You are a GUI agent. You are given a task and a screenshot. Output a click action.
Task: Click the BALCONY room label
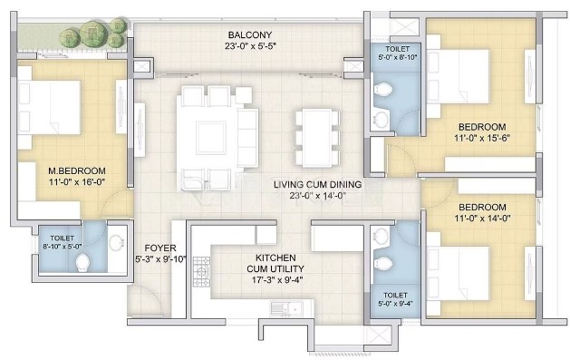click(250, 34)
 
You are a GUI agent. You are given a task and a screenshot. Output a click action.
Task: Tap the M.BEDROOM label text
click(77, 170)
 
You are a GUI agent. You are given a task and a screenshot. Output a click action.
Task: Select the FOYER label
click(160, 248)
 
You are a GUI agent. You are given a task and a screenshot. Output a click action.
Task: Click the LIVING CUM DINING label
click(317, 184)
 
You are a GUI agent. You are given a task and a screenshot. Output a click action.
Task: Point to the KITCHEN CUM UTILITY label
click(275, 263)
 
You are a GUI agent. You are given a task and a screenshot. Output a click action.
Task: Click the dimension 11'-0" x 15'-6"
click(482, 138)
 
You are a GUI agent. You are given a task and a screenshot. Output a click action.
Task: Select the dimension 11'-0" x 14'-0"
click(482, 219)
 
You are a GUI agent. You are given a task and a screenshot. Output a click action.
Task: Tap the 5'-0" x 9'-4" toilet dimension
click(395, 304)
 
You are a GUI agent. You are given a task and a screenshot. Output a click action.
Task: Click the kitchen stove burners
click(201, 272)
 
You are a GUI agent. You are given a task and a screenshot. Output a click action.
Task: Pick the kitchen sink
click(286, 308)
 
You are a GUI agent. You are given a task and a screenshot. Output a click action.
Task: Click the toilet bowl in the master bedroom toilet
click(82, 263)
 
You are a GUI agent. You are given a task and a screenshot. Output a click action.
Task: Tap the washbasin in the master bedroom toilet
click(117, 242)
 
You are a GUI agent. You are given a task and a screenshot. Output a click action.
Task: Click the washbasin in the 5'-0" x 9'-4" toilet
click(381, 235)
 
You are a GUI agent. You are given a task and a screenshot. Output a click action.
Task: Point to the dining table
click(317, 138)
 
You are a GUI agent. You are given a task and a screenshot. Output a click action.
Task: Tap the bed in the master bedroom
click(49, 108)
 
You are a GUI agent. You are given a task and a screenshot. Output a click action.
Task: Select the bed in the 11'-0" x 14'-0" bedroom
click(458, 274)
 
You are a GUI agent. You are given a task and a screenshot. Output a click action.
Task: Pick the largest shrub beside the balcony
click(93, 34)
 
